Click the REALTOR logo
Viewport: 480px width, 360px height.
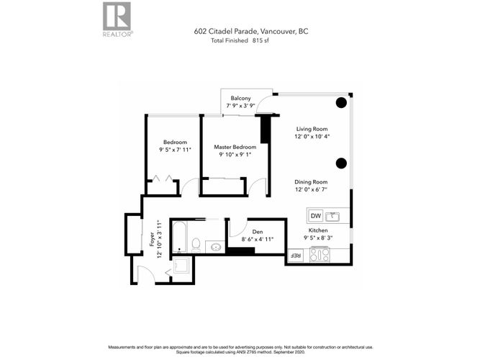click(117, 19)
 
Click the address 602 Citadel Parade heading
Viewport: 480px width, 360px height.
click(251, 31)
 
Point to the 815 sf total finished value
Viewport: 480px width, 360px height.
click(261, 40)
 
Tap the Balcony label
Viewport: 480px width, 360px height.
click(240, 98)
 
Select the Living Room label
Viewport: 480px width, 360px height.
click(312, 129)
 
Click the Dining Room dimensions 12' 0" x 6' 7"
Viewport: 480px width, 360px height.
click(311, 189)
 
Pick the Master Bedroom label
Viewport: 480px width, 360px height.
click(235, 147)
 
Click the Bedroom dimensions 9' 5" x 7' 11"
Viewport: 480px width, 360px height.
click(175, 150)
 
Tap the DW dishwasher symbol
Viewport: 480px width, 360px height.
click(316, 216)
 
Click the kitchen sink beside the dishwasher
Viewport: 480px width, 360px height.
click(332, 217)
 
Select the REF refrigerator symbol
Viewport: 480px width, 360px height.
click(295, 256)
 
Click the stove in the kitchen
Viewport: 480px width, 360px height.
click(320, 255)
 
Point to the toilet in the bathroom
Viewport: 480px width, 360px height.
click(196, 245)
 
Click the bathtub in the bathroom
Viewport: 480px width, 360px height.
click(178, 237)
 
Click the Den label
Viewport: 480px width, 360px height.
click(258, 232)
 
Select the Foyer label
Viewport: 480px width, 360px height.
click(152, 239)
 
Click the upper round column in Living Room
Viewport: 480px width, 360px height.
click(341, 103)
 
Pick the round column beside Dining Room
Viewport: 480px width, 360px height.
click(341, 163)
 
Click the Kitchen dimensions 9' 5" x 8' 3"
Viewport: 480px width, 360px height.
click(318, 238)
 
